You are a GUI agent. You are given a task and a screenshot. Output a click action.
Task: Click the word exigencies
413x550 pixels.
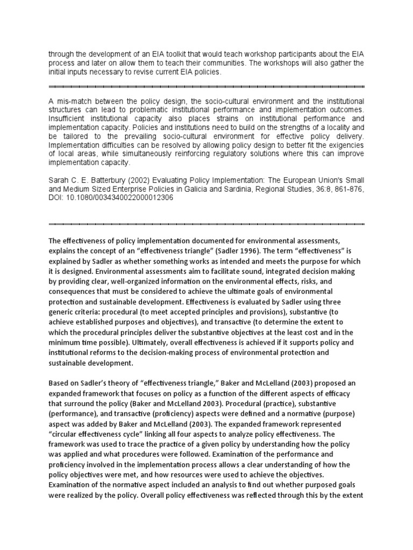point(345,145)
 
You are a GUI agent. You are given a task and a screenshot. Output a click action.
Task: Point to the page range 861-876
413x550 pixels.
point(348,189)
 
